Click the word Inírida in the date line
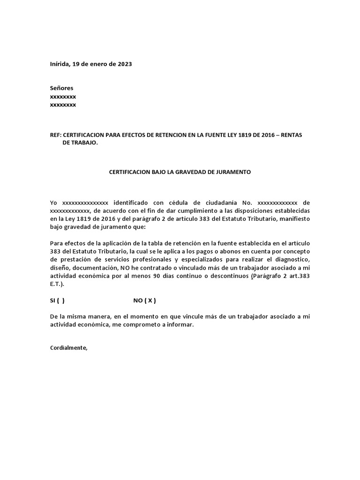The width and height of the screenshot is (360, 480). point(60,64)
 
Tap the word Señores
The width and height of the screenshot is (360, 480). point(61,88)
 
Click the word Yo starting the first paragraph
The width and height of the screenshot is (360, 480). point(53,202)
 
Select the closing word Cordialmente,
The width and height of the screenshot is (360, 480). point(68,348)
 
